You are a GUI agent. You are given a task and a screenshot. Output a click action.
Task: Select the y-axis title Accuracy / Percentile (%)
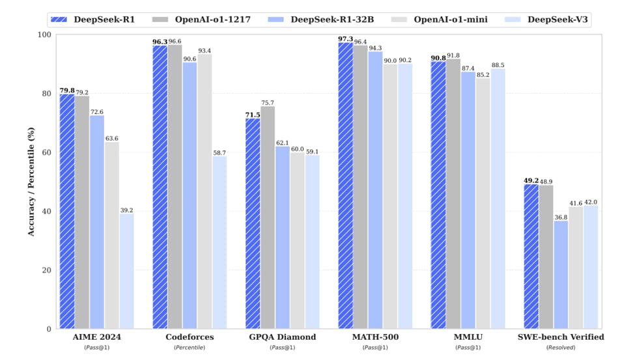pos(31,182)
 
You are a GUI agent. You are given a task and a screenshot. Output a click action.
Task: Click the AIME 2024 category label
pos(96,337)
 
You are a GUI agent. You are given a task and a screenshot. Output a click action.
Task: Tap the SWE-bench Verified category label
pos(561,337)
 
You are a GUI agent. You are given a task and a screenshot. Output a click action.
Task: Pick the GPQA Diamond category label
pos(282,337)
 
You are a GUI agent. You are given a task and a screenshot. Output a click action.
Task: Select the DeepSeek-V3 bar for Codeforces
pos(219,242)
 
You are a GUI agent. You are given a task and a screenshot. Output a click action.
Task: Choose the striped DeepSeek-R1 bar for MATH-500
pos(345,186)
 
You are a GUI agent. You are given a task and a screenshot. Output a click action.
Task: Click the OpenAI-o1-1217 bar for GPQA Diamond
pos(268,217)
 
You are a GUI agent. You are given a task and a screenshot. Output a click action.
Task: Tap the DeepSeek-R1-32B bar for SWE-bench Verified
pos(561,275)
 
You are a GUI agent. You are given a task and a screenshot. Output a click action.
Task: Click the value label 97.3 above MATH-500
pos(345,38)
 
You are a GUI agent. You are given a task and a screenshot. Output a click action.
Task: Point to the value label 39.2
pos(126,210)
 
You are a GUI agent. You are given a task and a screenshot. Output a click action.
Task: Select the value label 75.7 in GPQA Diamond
pos(268,102)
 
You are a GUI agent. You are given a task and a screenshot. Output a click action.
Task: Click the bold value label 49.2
pos(531,180)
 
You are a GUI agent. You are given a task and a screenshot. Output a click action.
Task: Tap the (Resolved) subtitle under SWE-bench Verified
pos(561,348)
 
